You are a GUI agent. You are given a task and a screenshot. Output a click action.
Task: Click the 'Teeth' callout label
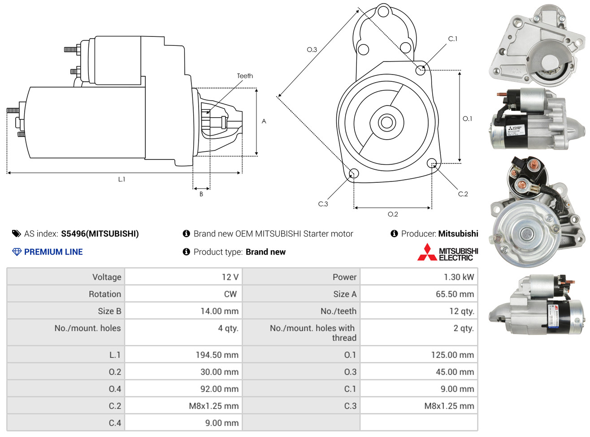(245, 76)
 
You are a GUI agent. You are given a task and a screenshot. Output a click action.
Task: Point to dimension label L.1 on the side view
(121, 179)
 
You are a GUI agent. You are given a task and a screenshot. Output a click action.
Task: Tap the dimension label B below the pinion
(201, 194)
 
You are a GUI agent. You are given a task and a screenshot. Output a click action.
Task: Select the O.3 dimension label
(312, 50)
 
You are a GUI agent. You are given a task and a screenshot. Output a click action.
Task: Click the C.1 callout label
(453, 39)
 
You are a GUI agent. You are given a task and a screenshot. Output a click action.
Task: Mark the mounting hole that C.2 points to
(432, 163)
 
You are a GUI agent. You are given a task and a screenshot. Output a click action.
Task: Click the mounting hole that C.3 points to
(354, 174)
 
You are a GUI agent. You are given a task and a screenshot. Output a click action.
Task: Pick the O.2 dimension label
(393, 214)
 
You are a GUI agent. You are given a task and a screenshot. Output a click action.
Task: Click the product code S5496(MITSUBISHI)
(100, 234)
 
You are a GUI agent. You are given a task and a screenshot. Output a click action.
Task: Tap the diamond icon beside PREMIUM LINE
(17, 252)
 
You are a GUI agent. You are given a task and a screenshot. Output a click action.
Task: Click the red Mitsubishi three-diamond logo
(427, 252)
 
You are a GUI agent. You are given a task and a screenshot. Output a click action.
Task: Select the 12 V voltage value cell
(230, 277)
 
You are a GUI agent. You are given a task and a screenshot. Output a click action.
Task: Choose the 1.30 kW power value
(459, 277)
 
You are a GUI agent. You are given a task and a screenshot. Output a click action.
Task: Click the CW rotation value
(230, 294)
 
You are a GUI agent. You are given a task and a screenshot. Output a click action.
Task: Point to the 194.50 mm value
(217, 355)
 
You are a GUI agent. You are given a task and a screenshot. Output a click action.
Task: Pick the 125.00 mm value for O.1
(452, 355)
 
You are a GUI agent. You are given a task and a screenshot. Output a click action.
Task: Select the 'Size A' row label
(345, 294)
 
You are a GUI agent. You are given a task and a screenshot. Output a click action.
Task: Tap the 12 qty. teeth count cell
(462, 311)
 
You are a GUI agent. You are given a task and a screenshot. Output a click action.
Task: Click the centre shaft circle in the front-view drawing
(386, 122)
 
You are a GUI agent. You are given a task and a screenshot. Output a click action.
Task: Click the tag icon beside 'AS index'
(17, 234)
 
